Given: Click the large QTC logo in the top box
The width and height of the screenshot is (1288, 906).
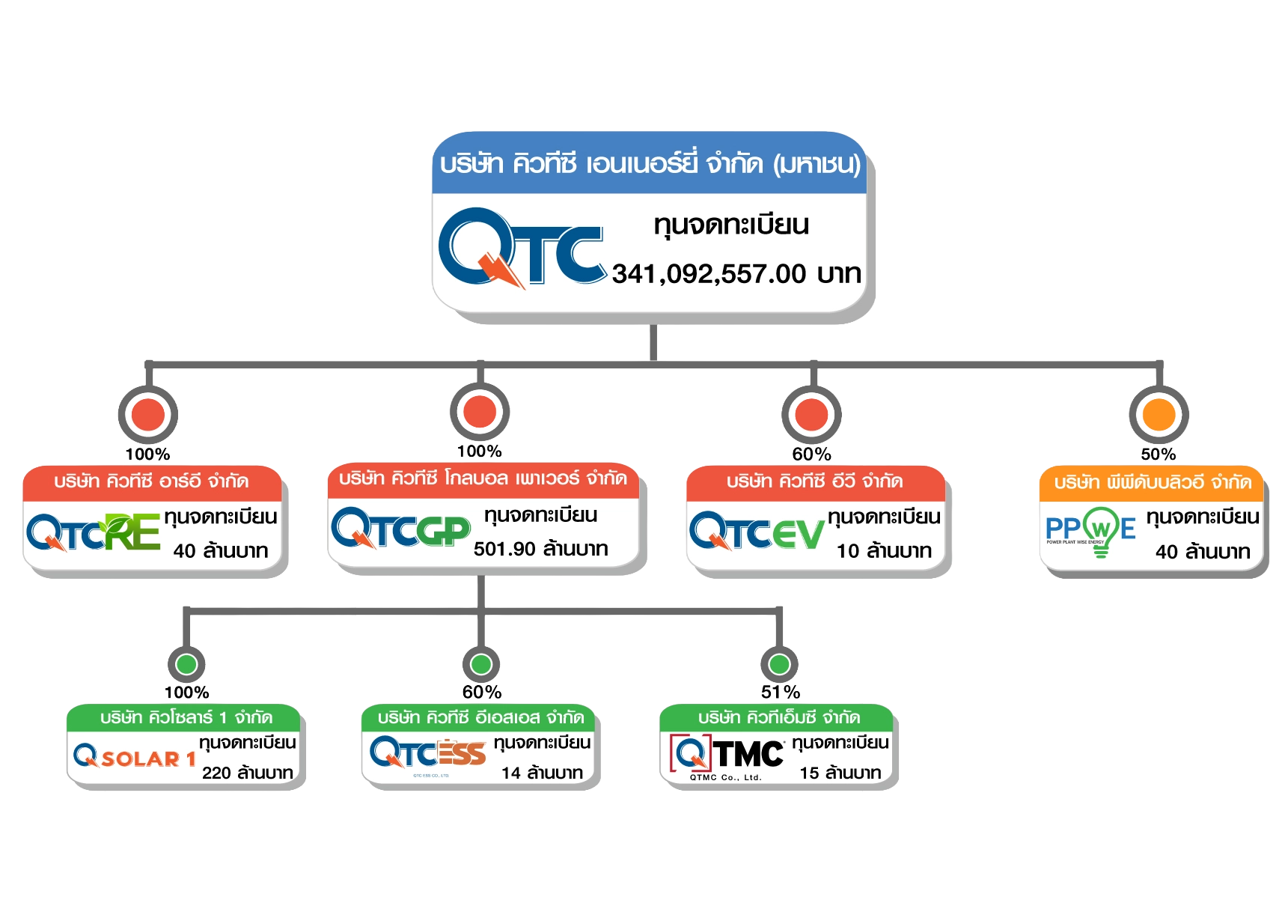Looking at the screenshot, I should pyautogui.click(x=521, y=248).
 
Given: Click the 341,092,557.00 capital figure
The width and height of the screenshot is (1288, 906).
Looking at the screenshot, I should pyautogui.click(x=708, y=274).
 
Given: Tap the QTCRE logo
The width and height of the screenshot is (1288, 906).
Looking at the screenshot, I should pyautogui.click(x=94, y=532).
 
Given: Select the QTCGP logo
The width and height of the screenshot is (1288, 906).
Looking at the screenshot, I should pyautogui.click(x=400, y=529).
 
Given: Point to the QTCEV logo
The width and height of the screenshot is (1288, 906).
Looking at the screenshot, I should pyautogui.click(x=756, y=532).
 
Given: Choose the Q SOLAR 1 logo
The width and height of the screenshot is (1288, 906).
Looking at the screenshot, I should pyautogui.click(x=135, y=758).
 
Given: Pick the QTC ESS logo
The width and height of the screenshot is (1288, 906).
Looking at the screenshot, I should pyautogui.click(x=427, y=754).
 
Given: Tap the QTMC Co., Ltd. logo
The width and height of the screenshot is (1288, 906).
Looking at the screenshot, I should pyautogui.click(x=727, y=756).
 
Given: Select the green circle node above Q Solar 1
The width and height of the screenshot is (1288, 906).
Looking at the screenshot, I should pyautogui.click(x=186, y=664).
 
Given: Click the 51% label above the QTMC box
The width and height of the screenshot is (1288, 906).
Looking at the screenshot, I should pyautogui.click(x=781, y=692).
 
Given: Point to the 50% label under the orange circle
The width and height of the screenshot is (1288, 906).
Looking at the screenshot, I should pyautogui.click(x=1159, y=454).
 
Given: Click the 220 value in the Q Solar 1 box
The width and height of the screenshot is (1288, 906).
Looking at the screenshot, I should pyautogui.click(x=216, y=773).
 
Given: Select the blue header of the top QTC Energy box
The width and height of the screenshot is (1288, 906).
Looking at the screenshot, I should pyautogui.click(x=649, y=163).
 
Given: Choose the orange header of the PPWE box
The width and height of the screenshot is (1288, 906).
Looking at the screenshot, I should pyautogui.click(x=1152, y=482).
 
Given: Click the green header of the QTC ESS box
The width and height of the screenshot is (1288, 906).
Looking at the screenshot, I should pyautogui.click(x=480, y=717).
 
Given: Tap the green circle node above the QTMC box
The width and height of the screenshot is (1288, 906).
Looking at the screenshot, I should pyautogui.click(x=780, y=664).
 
